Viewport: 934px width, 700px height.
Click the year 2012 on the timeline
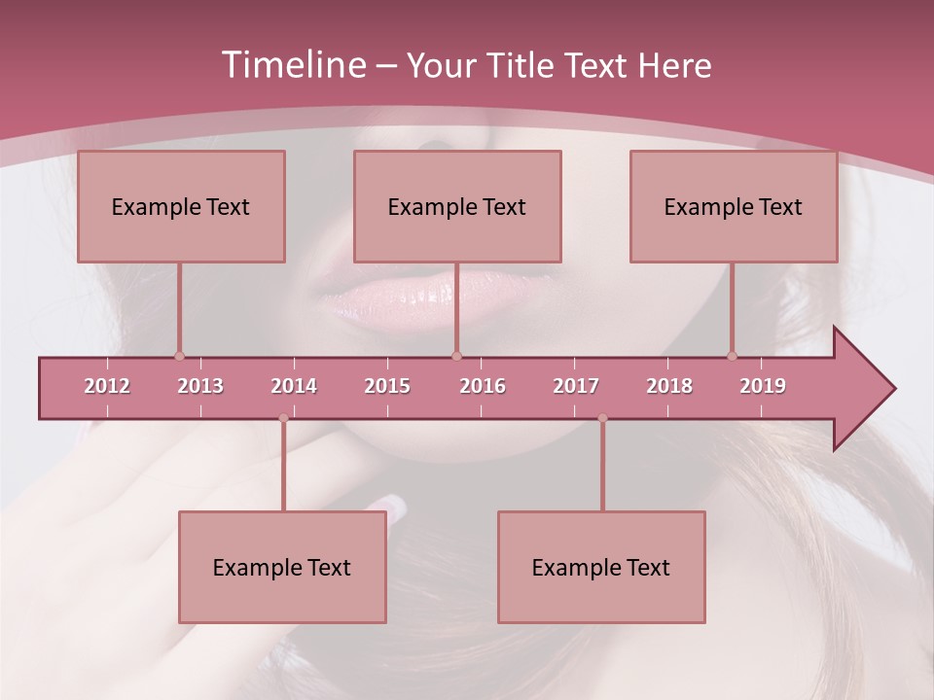point(107,386)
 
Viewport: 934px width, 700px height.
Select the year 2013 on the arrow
point(200,386)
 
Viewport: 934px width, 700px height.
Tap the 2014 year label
point(294,386)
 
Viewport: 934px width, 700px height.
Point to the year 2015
point(387,386)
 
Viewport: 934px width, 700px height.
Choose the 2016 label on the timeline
point(483,386)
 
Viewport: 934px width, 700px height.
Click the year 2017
point(576,386)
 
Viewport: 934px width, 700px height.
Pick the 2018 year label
point(669,386)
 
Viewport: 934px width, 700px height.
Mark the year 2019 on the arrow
point(763,386)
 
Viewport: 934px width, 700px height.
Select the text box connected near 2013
point(181,206)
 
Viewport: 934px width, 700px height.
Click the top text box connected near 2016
point(457,206)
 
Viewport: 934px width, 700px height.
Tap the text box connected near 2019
point(734,206)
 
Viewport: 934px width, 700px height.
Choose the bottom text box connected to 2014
point(282,567)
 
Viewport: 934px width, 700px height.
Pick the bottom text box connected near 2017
point(601,567)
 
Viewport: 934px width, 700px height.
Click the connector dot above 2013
point(179,356)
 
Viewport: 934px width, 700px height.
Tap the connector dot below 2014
point(283,418)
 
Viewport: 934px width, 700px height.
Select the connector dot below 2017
point(602,418)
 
